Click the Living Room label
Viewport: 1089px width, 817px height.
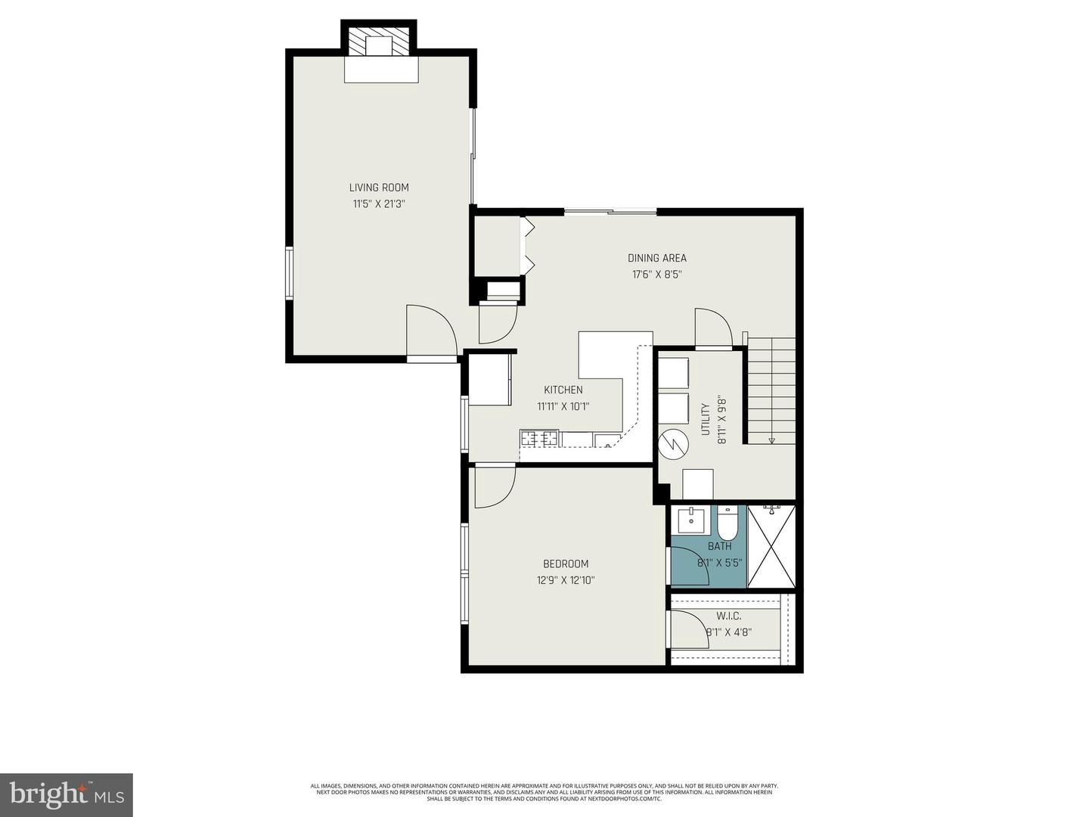[x=379, y=188]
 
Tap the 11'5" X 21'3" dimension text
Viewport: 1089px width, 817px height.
[x=379, y=203]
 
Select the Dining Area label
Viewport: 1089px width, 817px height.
[x=656, y=258]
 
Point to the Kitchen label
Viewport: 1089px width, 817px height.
[x=563, y=390]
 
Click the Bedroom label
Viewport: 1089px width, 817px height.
[x=566, y=564]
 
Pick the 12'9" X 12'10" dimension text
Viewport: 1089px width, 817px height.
[x=566, y=580]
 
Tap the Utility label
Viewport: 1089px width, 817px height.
[x=706, y=419]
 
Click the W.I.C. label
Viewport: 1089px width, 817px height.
[x=729, y=617]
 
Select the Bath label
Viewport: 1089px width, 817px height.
[x=719, y=546]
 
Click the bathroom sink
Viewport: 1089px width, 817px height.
[x=691, y=520]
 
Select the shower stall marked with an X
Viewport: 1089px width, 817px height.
[x=771, y=546]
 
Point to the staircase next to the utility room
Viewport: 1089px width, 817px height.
[x=771, y=390]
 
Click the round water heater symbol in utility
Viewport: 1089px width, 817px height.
[x=673, y=444]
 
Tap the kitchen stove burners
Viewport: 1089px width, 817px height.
[x=539, y=438]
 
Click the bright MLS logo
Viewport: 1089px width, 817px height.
[x=67, y=794]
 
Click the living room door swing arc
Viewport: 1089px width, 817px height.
[x=431, y=330]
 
